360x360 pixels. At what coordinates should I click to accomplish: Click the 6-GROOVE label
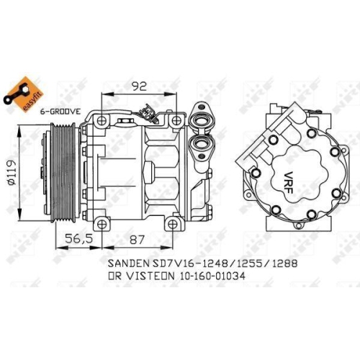click(x=60, y=112)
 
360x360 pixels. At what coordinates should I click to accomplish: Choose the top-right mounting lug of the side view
click(x=174, y=119)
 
